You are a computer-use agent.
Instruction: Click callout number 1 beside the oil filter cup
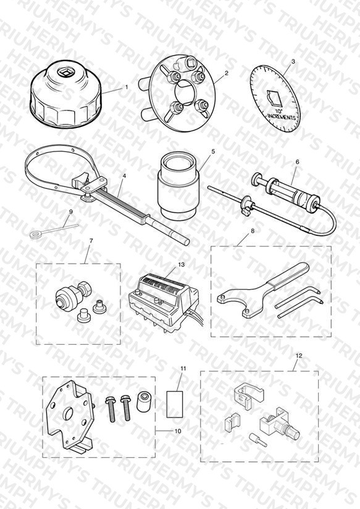pos(127,87)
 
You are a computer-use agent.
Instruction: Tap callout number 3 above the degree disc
pos(293,61)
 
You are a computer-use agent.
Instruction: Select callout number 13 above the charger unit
pos(181,264)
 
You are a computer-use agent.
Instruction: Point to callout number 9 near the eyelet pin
pos(71,212)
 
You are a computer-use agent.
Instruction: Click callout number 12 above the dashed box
pos(299,355)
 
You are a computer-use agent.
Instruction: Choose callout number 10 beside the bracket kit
pos(178,431)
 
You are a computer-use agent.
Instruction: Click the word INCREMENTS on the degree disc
pos(281,116)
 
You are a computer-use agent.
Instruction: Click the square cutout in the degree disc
pos(275,98)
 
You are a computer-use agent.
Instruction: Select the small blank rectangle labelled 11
pos(175,404)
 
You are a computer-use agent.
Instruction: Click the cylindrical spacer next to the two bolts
pos(143,402)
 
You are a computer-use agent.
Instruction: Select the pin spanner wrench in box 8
pos(262,288)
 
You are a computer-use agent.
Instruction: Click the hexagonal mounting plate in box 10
pos(70,416)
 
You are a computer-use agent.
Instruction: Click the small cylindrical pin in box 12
pos(257,439)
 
